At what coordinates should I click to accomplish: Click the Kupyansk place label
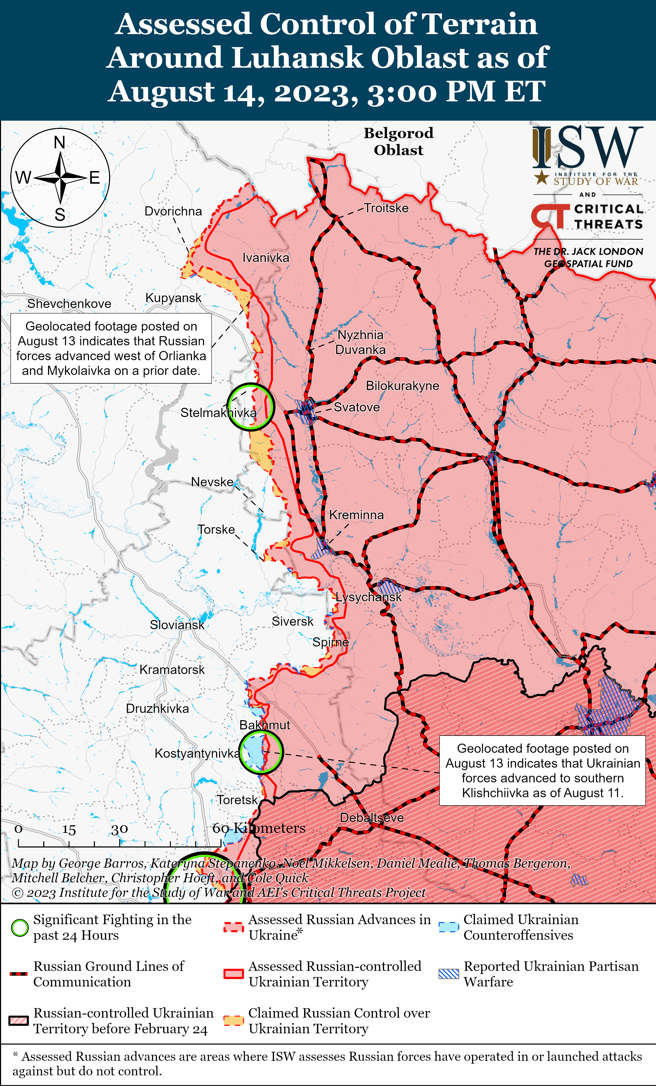tap(173, 298)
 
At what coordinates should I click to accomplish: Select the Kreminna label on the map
tap(356, 515)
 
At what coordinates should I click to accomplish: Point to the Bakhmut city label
tap(264, 725)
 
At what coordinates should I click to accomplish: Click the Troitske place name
tap(386, 208)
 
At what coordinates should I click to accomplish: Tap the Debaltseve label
tap(371, 818)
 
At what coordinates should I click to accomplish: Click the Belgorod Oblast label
tap(398, 142)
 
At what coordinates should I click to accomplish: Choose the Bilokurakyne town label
tap(402, 386)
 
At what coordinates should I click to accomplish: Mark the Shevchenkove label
tap(69, 304)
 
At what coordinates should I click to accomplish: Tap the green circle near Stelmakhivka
tap(251, 406)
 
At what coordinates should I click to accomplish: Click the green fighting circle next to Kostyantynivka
tap(261, 752)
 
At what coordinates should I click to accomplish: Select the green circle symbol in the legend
tap(19, 928)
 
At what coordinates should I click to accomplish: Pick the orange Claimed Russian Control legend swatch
tap(234, 1020)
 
